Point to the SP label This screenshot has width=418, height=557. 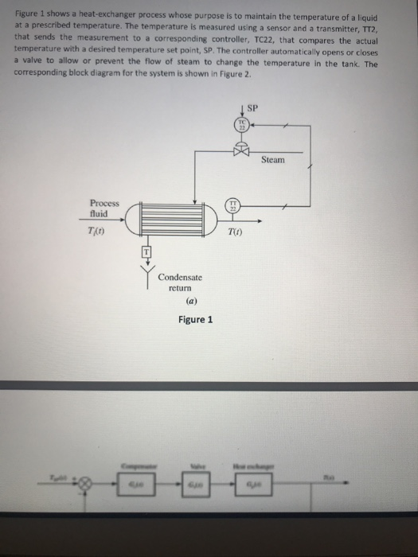[254, 107]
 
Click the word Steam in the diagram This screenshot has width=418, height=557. [272, 160]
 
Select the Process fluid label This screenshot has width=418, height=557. [104, 208]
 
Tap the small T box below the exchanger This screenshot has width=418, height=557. [146, 251]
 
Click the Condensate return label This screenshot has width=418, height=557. [180, 282]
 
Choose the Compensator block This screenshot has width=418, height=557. [138, 483]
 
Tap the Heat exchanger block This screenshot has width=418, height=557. [252, 483]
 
